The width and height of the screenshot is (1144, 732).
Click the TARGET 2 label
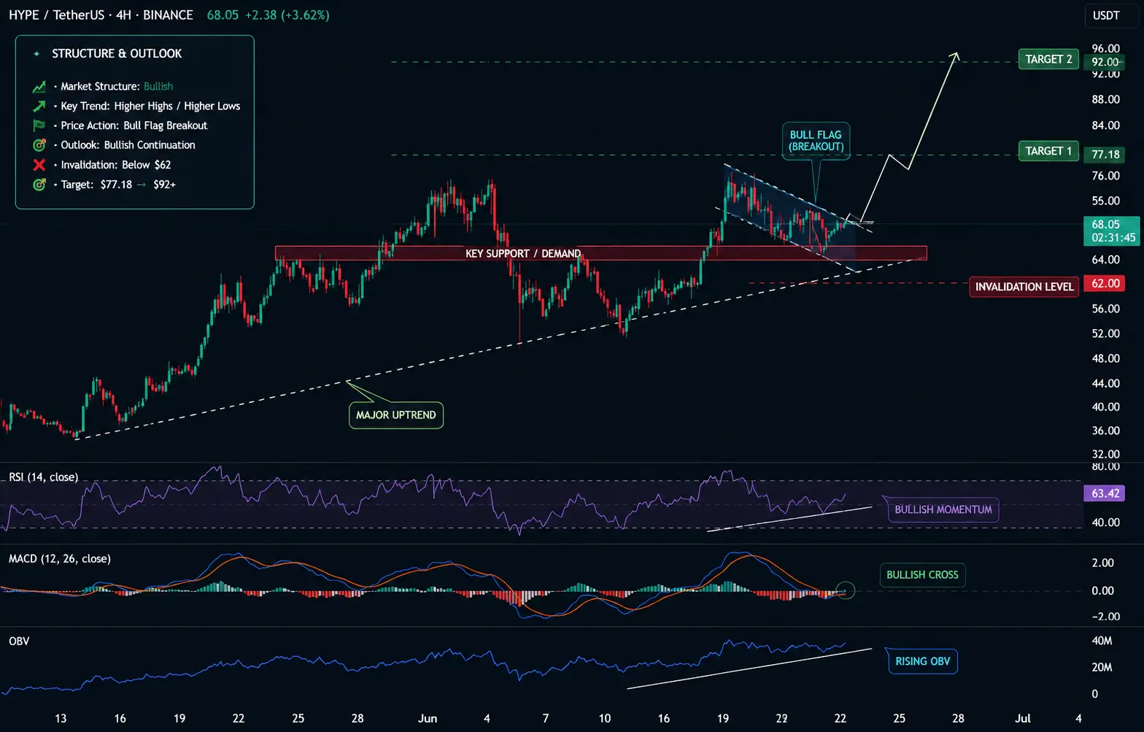point(1048,59)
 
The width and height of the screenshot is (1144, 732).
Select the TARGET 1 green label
point(1048,151)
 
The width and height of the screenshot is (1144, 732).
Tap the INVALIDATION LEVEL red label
point(1024,287)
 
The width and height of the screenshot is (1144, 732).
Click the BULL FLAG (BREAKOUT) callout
point(816,141)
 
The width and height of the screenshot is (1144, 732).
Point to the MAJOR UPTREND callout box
point(395,415)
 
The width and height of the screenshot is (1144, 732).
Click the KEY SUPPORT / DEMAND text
point(523,253)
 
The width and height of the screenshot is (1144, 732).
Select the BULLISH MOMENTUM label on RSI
point(943,509)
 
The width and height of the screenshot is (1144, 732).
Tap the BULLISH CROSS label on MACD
point(922,574)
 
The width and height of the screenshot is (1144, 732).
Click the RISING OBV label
point(923,661)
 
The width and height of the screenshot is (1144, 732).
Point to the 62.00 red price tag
point(1105,283)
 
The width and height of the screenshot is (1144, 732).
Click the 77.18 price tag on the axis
point(1105,154)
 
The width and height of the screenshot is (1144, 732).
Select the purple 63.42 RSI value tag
point(1104,493)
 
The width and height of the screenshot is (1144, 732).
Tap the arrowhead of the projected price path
point(955,55)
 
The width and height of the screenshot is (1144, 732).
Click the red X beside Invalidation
point(39,165)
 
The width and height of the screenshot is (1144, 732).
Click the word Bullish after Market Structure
point(158,86)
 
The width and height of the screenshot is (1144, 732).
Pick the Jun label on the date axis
point(428,718)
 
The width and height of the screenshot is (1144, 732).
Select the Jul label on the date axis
point(1022,718)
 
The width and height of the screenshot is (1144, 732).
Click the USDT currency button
point(1106,15)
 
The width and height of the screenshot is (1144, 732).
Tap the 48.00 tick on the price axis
point(1106,358)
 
